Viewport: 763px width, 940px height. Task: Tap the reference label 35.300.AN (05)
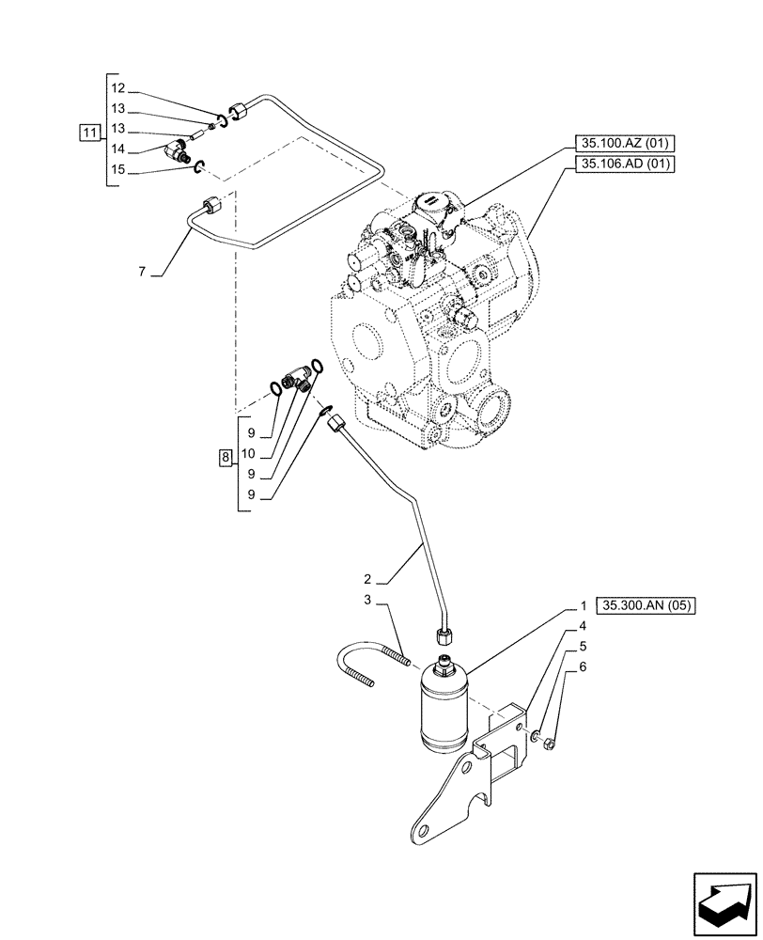point(645,606)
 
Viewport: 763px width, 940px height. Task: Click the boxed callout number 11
point(88,133)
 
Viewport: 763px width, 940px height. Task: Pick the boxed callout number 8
point(225,459)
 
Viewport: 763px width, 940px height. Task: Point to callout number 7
point(142,272)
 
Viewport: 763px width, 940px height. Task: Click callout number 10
point(249,453)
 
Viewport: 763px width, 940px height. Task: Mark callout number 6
point(584,666)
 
